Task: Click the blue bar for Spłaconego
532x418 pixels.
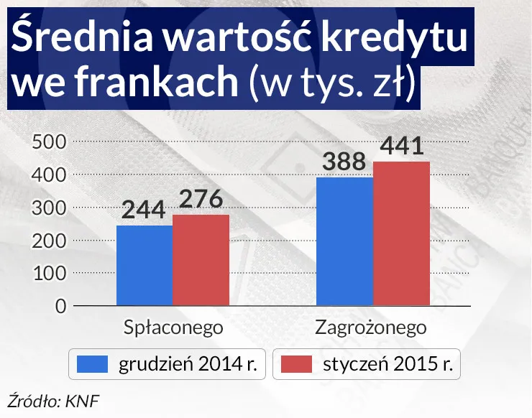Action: tap(144, 266)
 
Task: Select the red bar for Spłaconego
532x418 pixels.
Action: tap(201, 260)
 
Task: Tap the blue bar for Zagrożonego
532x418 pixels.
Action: tap(344, 241)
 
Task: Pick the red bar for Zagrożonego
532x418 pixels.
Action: tap(401, 233)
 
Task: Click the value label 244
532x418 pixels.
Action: tap(144, 210)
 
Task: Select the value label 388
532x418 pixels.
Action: tap(344, 162)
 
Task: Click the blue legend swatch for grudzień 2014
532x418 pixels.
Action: tap(91, 364)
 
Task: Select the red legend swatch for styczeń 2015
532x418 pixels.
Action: tap(296, 364)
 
